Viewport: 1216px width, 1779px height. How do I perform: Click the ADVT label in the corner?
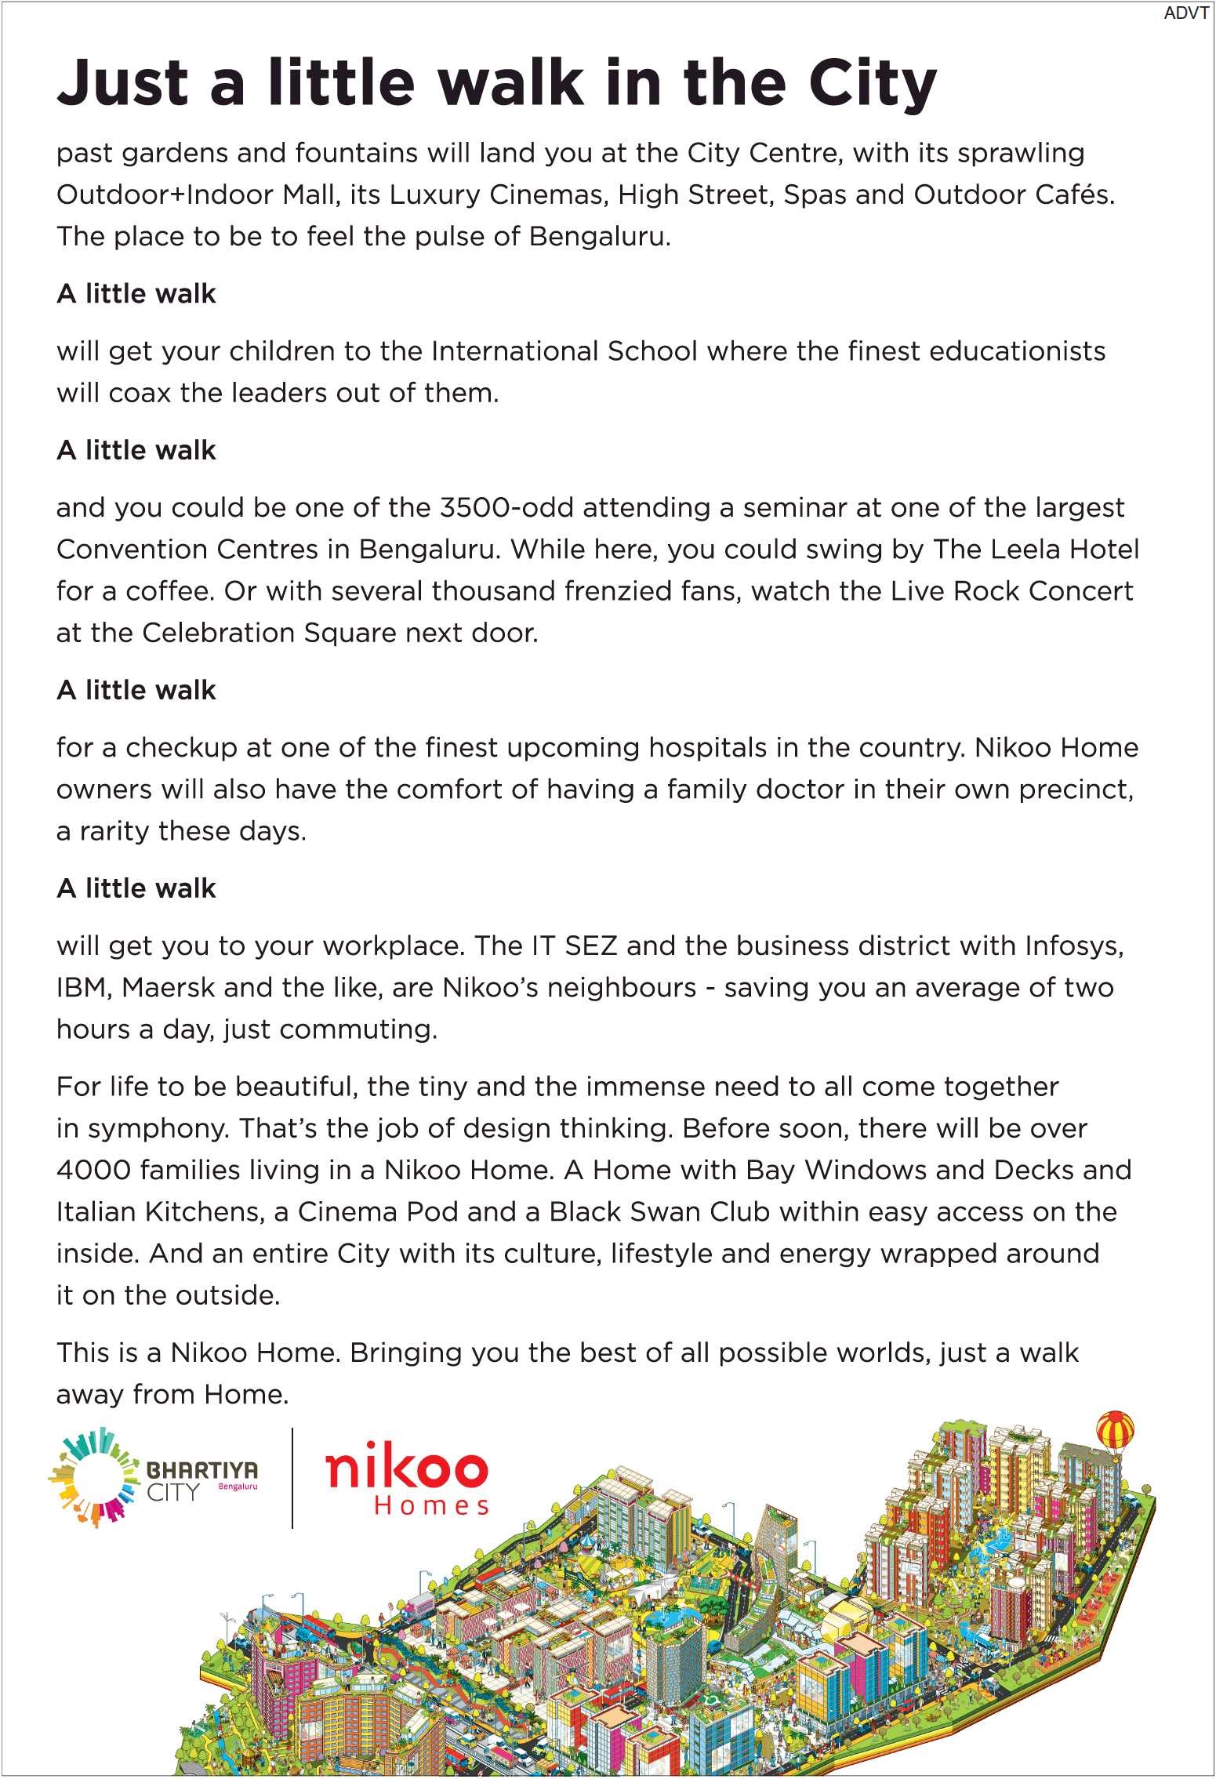pyautogui.click(x=1186, y=13)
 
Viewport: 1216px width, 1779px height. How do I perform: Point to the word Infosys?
pyautogui.click(x=1074, y=946)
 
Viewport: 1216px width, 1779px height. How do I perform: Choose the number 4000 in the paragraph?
pyautogui.click(x=93, y=1171)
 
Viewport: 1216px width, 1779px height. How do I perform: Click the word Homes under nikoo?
pyautogui.click(x=431, y=1506)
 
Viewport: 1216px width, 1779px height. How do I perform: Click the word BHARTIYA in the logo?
pyautogui.click(x=202, y=1469)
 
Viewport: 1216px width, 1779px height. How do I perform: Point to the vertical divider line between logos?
pyautogui.click(x=292, y=1477)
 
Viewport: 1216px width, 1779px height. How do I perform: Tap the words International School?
pyautogui.click(x=564, y=351)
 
